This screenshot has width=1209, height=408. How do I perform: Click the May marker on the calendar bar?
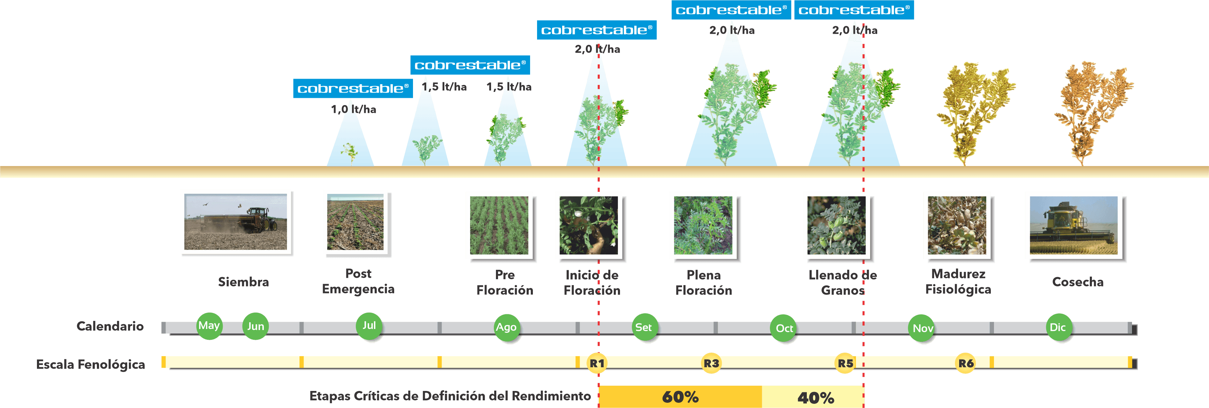(209, 325)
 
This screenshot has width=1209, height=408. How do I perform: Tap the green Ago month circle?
(506, 327)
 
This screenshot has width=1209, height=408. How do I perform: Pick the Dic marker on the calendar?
(1057, 327)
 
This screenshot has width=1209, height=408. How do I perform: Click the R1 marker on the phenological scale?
(597, 363)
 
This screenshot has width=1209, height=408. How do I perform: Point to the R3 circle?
(711, 363)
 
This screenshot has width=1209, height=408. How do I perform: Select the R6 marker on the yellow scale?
(965, 363)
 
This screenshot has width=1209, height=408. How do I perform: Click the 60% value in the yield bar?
(680, 397)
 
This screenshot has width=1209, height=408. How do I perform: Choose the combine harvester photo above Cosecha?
(1073, 226)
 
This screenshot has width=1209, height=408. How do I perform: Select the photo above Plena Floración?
(703, 226)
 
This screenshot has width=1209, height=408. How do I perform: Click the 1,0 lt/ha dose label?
(353, 109)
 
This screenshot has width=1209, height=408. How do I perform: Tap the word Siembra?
(243, 282)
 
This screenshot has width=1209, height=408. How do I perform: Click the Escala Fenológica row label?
(91, 364)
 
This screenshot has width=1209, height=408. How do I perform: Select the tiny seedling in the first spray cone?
(349, 152)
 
